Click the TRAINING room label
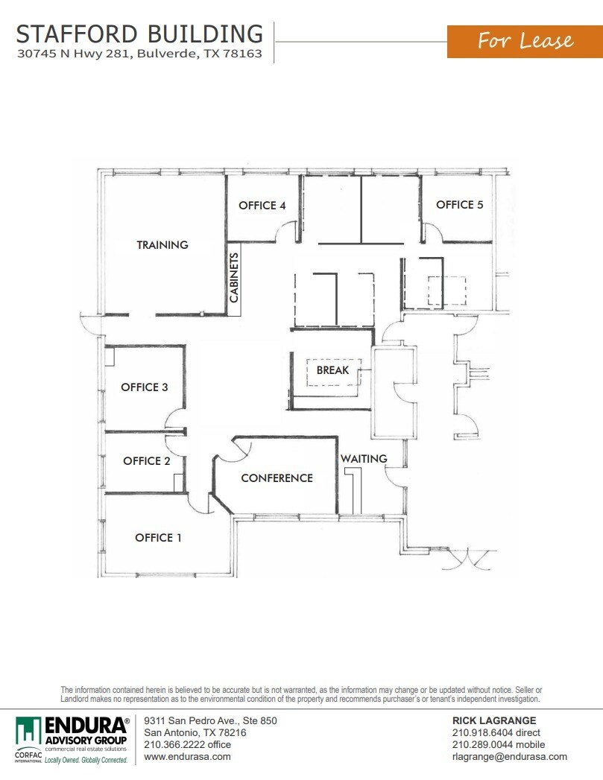(x=162, y=244)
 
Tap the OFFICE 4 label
(x=262, y=206)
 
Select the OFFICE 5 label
(x=460, y=204)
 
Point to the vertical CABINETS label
(x=234, y=279)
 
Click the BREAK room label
(x=332, y=370)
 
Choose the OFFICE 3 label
(x=145, y=387)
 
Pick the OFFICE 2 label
(x=147, y=461)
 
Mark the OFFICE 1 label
(x=158, y=537)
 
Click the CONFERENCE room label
(x=277, y=478)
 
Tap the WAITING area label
(x=364, y=458)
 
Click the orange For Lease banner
(x=525, y=40)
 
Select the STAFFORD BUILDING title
(x=139, y=34)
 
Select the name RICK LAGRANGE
(x=494, y=720)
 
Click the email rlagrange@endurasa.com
(x=510, y=756)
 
